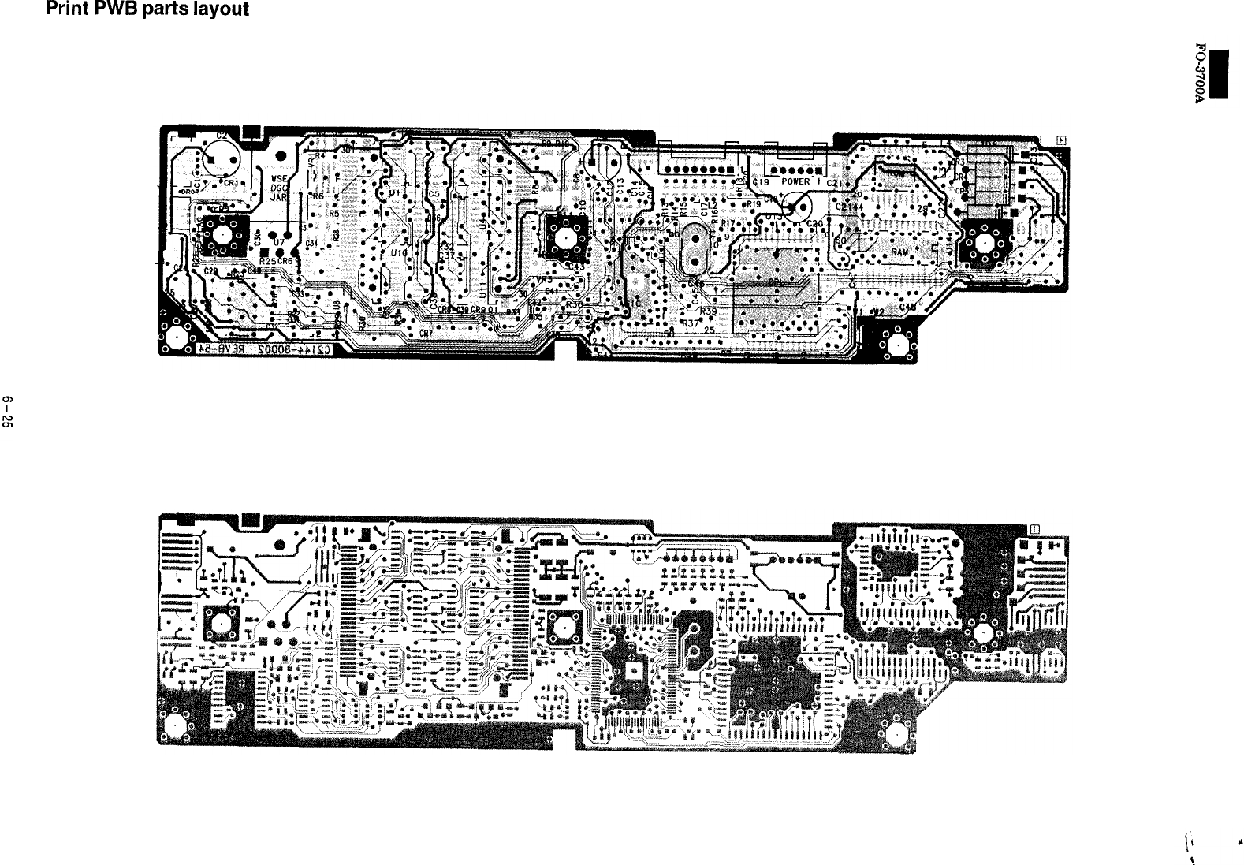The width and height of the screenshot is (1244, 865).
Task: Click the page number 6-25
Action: click(9, 409)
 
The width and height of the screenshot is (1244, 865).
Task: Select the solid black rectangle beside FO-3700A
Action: click(1220, 75)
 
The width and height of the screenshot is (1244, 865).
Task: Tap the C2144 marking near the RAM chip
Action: click(849, 207)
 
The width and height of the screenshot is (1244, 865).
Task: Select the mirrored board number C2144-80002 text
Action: click(264, 349)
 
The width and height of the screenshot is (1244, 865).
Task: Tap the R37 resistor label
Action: click(691, 323)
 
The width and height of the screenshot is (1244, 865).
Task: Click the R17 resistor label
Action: click(727, 223)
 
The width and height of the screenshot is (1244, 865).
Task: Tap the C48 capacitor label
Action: click(908, 307)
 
